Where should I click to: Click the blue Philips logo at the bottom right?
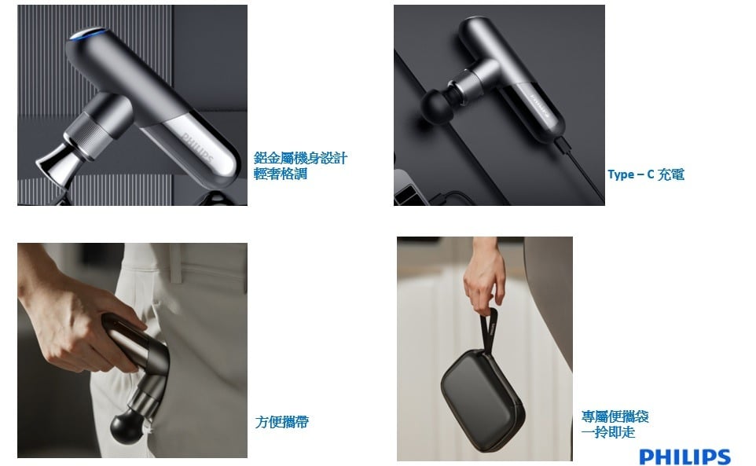[684, 457]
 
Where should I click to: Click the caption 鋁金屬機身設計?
[300, 158]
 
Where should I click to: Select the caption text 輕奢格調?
[280, 174]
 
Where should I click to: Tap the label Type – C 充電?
[646, 174]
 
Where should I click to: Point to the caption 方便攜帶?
[281, 422]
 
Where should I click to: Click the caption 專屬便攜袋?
[615, 416]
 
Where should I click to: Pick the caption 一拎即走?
[608, 431]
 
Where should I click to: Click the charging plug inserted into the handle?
[563, 144]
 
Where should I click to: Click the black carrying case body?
[483, 401]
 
